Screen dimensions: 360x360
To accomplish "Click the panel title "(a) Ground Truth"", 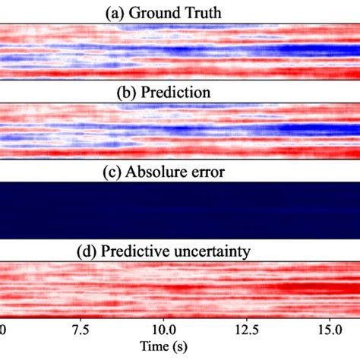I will point(180,10).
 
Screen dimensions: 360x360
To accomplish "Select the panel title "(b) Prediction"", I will point(180,92).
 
